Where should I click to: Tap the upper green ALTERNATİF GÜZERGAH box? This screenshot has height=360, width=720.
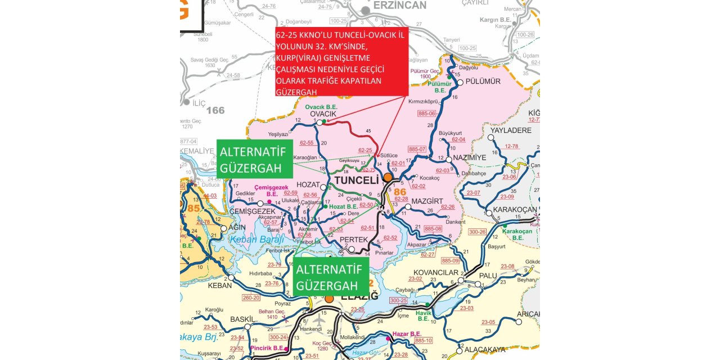(254, 160)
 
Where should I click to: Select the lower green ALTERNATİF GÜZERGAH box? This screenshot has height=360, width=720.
(331, 277)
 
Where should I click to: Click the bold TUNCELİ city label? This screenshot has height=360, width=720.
(356, 180)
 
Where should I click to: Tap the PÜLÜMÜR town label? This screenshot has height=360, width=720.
(484, 82)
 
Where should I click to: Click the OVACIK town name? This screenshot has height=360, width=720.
(323, 114)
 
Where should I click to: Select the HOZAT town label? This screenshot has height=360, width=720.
(308, 184)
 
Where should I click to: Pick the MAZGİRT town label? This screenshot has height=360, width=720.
(427, 201)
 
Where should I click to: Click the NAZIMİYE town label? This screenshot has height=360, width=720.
(469, 157)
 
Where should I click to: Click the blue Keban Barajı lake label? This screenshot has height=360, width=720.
(256, 240)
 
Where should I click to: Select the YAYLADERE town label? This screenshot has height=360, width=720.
(511, 130)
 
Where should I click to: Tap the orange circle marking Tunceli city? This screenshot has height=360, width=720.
(388, 177)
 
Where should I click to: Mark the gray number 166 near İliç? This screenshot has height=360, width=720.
(215, 110)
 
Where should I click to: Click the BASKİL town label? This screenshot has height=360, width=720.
(242, 319)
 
